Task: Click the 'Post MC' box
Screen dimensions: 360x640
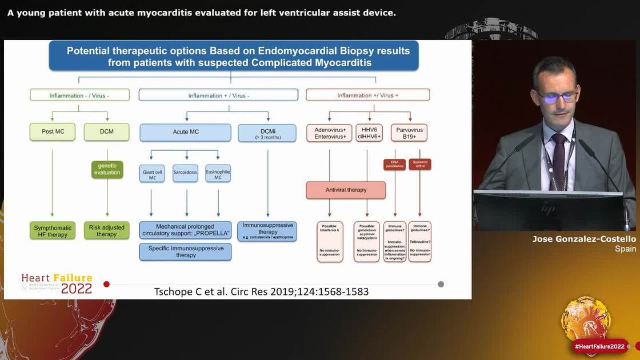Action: coord(53,131)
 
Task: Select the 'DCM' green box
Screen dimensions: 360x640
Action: coord(107,131)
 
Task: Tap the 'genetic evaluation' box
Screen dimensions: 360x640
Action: coord(107,169)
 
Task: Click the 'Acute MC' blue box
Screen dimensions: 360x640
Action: coord(186,132)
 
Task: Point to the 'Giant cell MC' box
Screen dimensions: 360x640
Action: coord(151,173)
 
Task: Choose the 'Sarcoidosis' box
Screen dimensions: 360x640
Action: coord(185,173)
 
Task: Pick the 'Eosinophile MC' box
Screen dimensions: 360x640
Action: coord(218,173)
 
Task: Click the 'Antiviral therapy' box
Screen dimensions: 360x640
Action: coord(346,190)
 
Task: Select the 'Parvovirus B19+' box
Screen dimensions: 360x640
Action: coord(409,133)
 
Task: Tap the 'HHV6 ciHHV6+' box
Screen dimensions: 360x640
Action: coord(369,133)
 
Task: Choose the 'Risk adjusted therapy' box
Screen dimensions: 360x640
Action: coord(107,231)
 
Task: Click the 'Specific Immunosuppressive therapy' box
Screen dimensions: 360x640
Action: coord(185,252)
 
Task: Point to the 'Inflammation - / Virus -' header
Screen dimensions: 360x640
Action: coord(79,95)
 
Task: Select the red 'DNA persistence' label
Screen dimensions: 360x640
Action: coord(394,165)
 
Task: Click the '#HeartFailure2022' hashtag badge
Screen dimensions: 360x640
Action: coord(600,346)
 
